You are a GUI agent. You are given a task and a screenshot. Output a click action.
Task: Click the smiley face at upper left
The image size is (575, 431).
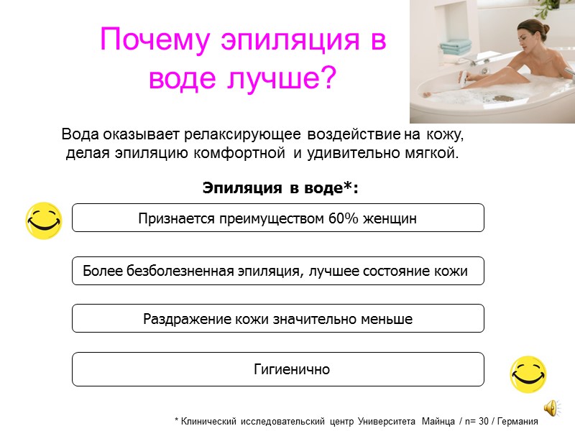click(44, 220)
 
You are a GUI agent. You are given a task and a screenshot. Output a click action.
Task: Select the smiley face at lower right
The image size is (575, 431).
click(528, 374)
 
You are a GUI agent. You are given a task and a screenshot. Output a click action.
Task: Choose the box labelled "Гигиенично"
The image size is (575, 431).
click(278, 369)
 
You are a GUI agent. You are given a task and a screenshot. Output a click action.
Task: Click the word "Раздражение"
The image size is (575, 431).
click(183, 319)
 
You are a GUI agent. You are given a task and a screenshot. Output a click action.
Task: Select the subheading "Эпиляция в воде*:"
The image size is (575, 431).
click(280, 188)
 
